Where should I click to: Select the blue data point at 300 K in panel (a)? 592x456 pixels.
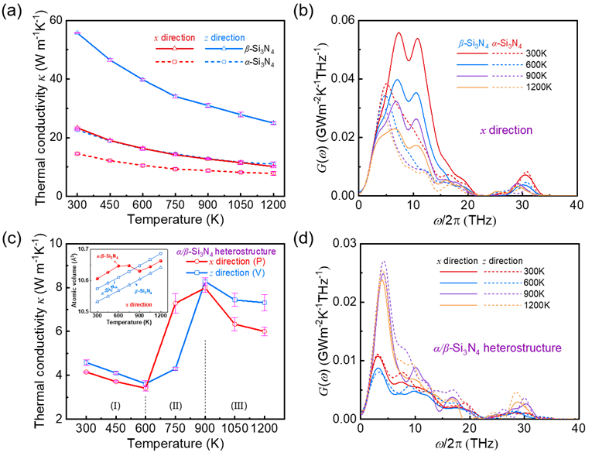point(77,33)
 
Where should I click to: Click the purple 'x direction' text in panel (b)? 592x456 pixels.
point(507,132)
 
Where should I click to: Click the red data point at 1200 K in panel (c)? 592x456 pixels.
point(265,331)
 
